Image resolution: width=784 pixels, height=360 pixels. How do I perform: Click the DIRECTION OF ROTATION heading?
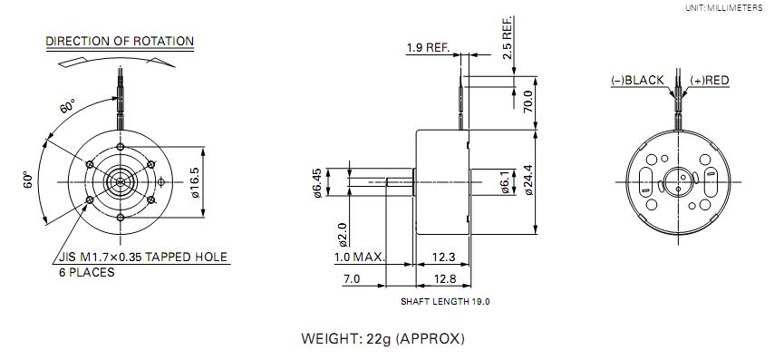click(x=120, y=41)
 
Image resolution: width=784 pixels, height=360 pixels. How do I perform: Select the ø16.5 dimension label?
click(x=195, y=182)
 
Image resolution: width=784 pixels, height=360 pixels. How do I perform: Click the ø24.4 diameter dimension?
click(x=528, y=180)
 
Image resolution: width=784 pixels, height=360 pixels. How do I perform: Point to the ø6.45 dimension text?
click(x=318, y=182)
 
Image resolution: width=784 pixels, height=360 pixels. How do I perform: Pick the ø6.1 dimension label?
click(x=505, y=182)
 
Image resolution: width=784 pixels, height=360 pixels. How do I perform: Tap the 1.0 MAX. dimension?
click(x=360, y=258)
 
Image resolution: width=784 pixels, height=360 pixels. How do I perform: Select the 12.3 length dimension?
click(x=444, y=258)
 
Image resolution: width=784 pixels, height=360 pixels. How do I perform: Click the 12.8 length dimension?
click(x=445, y=279)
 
